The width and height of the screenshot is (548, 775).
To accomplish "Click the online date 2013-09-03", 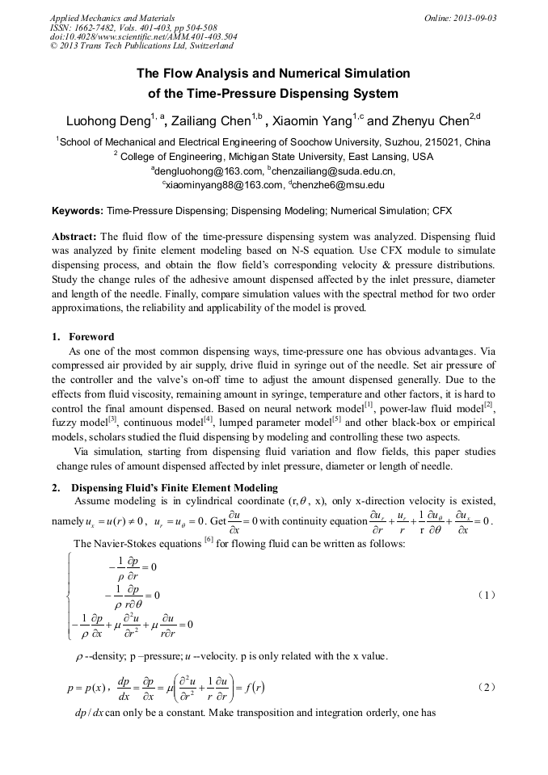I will [471, 18].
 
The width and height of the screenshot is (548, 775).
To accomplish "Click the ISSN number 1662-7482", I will [94, 27].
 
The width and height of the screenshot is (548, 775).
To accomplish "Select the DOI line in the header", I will [143, 37].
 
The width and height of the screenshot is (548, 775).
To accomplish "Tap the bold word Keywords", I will [78, 211].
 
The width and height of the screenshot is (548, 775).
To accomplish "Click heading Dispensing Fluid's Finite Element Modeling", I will [174, 487].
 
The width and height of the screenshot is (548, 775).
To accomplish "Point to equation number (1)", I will [484, 595].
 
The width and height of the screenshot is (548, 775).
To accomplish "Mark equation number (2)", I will [484, 687].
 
